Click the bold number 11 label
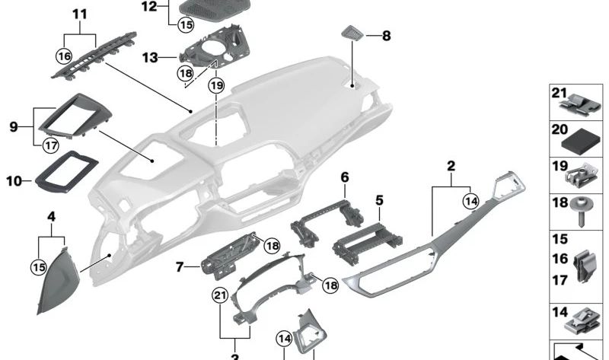coord(80,14)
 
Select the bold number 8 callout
coord(386,36)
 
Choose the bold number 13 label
coord(150,57)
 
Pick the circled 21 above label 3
coord(221,295)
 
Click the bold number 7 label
coord(180,268)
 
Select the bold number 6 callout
coord(344,177)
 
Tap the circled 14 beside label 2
coord(470,202)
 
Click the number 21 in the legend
coord(560,93)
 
